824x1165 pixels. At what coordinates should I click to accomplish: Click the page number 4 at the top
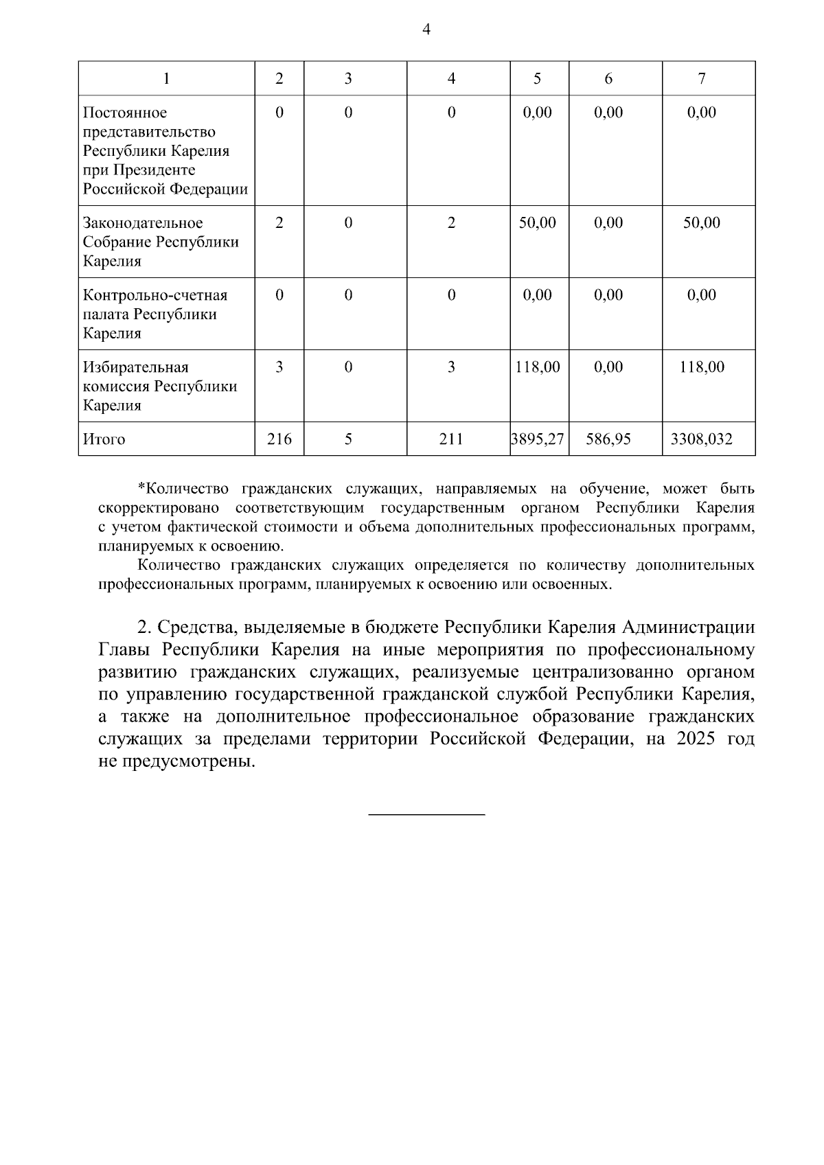click(x=426, y=30)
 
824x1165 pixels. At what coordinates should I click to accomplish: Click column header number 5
click(x=537, y=79)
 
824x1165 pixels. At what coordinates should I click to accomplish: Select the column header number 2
click(x=279, y=79)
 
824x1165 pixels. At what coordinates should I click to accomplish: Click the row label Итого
click(x=104, y=439)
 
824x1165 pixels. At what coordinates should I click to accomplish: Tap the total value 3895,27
click(x=538, y=439)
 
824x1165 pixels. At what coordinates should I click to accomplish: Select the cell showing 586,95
click(x=608, y=439)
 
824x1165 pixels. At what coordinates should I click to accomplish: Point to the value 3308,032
click(x=702, y=439)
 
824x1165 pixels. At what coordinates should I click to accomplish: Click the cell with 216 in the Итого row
click(x=279, y=439)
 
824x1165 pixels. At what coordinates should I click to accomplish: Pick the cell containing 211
click(x=451, y=439)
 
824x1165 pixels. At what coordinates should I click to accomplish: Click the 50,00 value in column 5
click(x=538, y=223)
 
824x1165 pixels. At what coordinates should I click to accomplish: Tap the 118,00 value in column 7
click(x=702, y=367)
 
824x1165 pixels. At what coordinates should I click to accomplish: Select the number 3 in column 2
click(x=279, y=367)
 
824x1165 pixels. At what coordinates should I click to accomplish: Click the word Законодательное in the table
click(x=143, y=223)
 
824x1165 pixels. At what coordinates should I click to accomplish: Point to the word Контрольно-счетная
click(x=154, y=295)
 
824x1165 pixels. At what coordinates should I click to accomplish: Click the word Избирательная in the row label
click(x=136, y=367)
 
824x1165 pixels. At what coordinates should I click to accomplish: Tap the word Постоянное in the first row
click(x=124, y=113)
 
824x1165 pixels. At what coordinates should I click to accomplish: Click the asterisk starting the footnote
click(x=142, y=488)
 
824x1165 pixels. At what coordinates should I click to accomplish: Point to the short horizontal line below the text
click(x=426, y=814)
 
